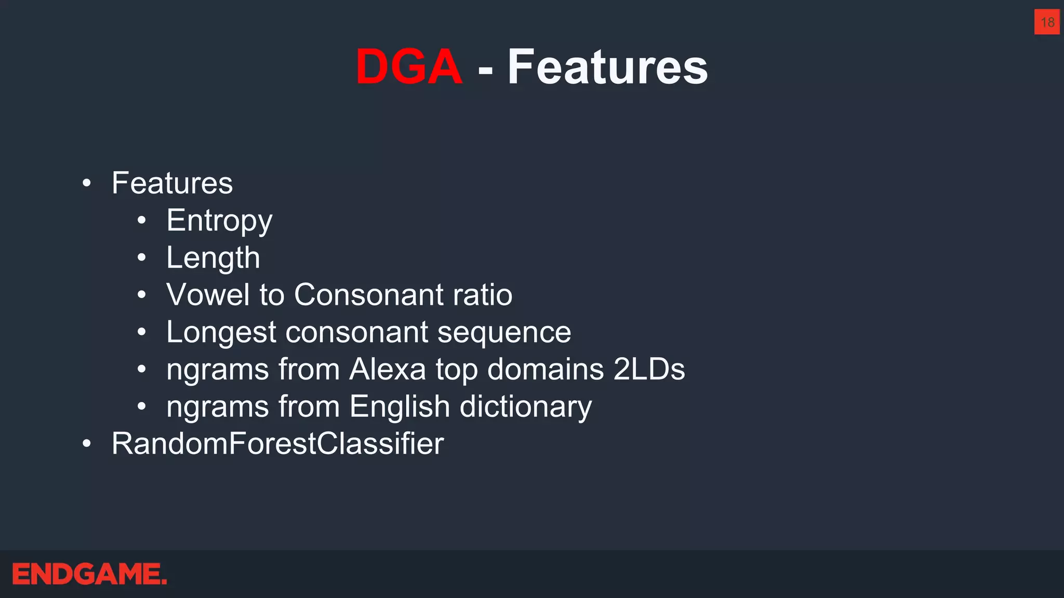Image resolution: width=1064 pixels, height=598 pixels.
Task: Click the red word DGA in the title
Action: pos(409,67)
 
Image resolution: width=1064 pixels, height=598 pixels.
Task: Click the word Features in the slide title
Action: pos(607,67)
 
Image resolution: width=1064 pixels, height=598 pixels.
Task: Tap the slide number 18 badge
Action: pos(1047,22)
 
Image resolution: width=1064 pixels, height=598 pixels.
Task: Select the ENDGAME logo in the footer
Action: pos(89,574)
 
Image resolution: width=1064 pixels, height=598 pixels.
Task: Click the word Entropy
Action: pos(219,221)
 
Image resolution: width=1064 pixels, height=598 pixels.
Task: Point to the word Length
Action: pos(213,258)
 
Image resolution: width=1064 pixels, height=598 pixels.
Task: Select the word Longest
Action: pos(221,333)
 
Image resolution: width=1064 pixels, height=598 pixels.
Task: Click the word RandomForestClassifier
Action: pos(278,444)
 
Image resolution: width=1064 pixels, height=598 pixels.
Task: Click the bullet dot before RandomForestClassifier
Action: pos(87,444)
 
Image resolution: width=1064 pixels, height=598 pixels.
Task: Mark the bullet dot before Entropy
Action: pos(142,221)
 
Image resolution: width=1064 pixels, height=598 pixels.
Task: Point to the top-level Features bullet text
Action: pos(172,183)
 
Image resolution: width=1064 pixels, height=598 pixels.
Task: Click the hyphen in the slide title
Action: pos(485,69)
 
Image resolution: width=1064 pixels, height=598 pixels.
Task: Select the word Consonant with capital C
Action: pos(368,295)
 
